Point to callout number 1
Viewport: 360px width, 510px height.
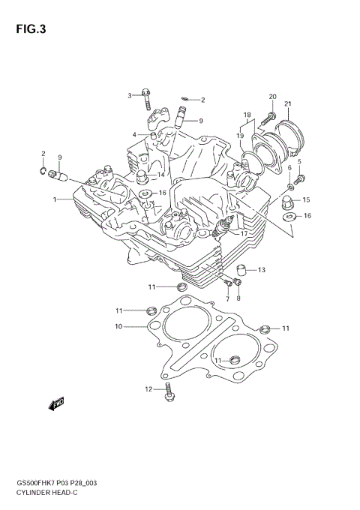(55, 199)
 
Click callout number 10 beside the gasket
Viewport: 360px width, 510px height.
(118, 326)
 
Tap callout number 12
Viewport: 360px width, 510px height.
(148, 388)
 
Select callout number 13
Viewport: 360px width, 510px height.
(261, 270)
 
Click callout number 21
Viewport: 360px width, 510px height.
(288, 103)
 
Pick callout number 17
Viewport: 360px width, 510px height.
(244, 233)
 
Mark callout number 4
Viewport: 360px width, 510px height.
(135, 135)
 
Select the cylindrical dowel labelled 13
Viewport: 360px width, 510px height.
(241, 270)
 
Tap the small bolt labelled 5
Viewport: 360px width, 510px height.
(301, 178)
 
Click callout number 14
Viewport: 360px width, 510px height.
(160, 175)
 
